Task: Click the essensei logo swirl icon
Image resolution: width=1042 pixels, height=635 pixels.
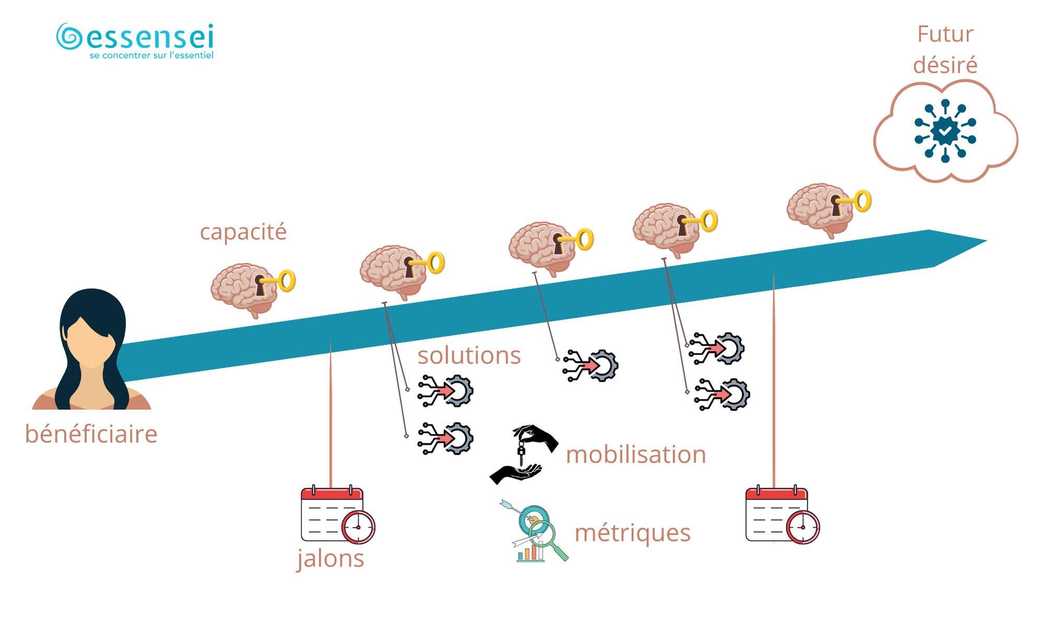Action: pos(69,37)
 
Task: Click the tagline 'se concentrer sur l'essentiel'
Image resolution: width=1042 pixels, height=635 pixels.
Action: pos(151,55)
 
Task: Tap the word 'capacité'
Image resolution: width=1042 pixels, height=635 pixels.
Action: pos(243,232)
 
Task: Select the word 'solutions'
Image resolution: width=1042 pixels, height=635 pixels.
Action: pos(469,356)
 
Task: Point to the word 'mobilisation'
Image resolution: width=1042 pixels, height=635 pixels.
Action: pos(636,454)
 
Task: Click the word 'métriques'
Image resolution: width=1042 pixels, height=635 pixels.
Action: pos(632,533)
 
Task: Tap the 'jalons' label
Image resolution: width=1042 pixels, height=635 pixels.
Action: pos(331,558)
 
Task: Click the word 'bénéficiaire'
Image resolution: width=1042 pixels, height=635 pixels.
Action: pos(91,434)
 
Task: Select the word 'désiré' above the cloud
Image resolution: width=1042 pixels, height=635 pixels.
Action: pos(945,65)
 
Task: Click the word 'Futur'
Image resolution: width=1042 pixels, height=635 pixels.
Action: pos(945,34)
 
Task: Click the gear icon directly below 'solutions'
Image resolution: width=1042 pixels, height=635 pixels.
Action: pos(446,391)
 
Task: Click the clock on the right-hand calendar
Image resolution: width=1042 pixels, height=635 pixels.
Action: pos(803,527)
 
